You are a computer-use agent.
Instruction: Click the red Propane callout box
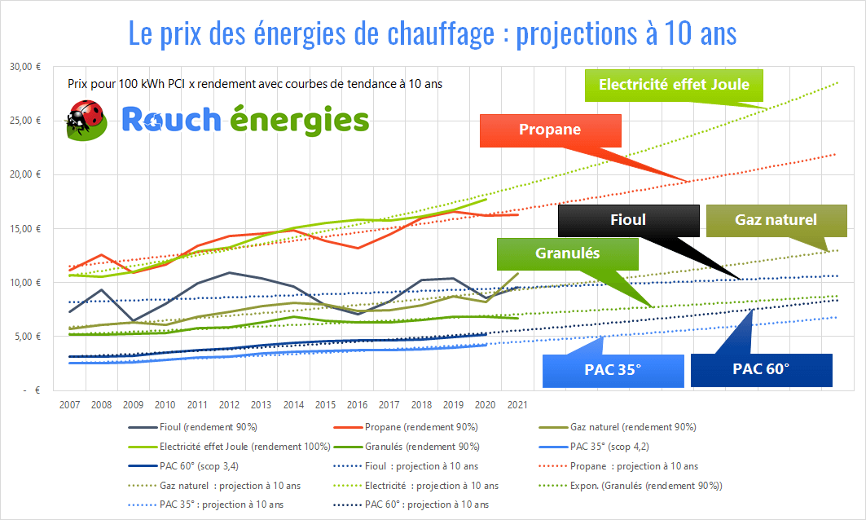tap(551, 130)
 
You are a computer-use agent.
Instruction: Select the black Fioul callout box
tap(628, 220)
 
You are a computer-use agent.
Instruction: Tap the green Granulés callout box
tap(567, 253)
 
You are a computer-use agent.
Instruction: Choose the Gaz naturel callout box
tap(775, 220)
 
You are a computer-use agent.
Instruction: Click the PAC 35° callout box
tap(613, 369)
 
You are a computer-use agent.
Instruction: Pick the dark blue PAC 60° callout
tap(761, 369)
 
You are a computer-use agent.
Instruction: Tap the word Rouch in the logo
tap(171, 120)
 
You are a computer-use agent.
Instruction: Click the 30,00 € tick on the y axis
tap(27, 67)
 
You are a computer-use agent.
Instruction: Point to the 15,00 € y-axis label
tap(27, 228)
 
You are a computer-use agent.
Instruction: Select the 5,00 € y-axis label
tap(29, 336)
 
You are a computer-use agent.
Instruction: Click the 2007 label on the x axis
tap(69, 405)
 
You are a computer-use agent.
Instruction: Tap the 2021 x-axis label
tap(516, 405)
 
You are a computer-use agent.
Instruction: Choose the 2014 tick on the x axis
tap(292, 405)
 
